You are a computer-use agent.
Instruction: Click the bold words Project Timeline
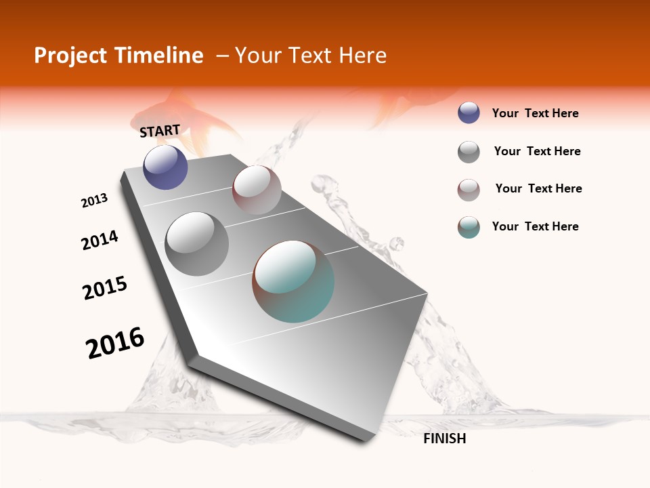click(118, 56)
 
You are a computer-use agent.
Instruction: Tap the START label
click(160, 131)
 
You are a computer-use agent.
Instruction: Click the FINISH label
click(444, 439)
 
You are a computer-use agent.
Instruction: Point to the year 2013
click(94, 201)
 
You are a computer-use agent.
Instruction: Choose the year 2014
click(100, 240)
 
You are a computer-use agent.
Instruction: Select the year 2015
click(105, 288)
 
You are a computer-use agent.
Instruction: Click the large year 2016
click(115, 342)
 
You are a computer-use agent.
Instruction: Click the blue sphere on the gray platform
click(165, 167)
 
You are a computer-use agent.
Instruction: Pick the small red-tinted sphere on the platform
click(257, 190)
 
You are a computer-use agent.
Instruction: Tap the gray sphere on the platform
click(197, 243)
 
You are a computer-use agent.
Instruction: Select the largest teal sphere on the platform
click(293, 281)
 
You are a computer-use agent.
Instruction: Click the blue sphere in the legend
click(469, 113)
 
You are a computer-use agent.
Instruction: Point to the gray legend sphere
click(469, 152)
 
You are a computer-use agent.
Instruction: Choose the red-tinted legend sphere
click(469, 190)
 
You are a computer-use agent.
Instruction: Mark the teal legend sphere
click(469, 227)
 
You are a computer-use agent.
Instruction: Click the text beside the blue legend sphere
click(535, 113)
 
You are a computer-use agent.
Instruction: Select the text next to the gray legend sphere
click(537, 151)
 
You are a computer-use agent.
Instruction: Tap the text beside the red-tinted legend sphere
click(538, 188)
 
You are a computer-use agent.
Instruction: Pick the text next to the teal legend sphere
click(535, 226)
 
